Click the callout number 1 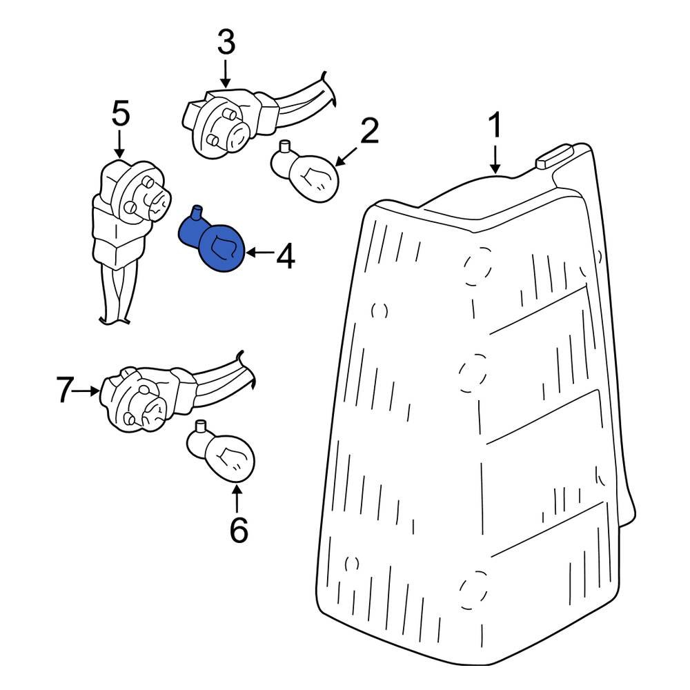tap(495, 127)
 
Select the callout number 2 tap(369, 130)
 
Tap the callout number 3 tap(226, 43)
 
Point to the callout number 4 tap(285, 257)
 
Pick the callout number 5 tap(120, 114)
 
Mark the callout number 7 tap(63, 391)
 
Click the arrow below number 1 tap(495, 158)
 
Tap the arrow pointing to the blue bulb tap(259, 253)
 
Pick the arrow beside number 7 tap(88, 391)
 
